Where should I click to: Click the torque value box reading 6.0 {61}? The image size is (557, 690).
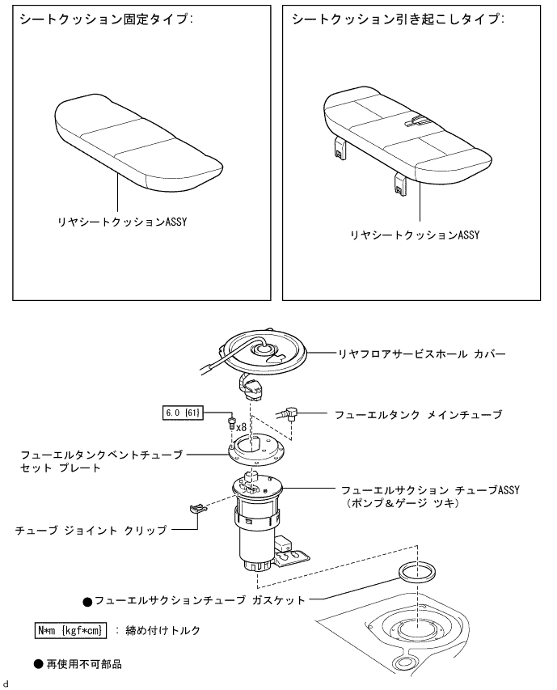tap(183, 413)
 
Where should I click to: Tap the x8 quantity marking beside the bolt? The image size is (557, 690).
tap(240, 425)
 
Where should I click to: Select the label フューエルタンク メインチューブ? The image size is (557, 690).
tap(418, 415)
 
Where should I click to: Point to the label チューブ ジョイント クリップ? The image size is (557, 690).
tap(91, 531)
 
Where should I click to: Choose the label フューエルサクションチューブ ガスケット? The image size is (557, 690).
tap(200, 601)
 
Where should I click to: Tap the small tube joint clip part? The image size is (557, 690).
tap(196, 510)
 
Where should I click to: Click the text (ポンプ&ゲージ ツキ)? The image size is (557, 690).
tap(402, 503)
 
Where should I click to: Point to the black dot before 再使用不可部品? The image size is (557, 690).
tap(37, 663)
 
